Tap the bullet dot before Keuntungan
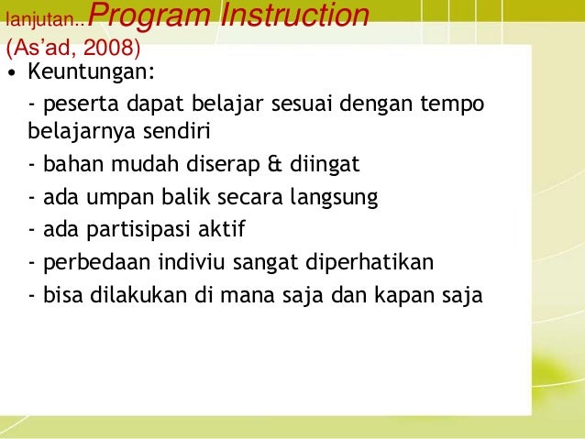[x=11, y=72]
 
